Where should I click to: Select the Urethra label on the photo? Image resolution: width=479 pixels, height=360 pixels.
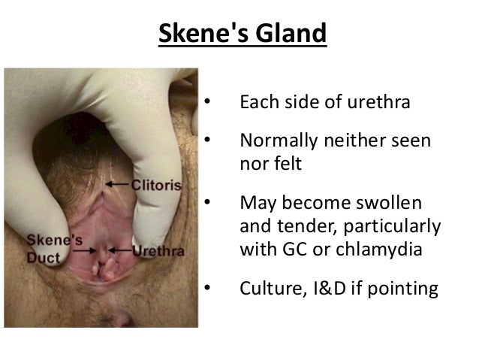pyautogui.click(x=158, y=250)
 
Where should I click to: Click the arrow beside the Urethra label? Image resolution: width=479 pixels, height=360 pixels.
pyautogui.click(x=120, y=250)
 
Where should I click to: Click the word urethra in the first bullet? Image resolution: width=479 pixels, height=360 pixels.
pyautogui.click(x=379, y=101)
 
